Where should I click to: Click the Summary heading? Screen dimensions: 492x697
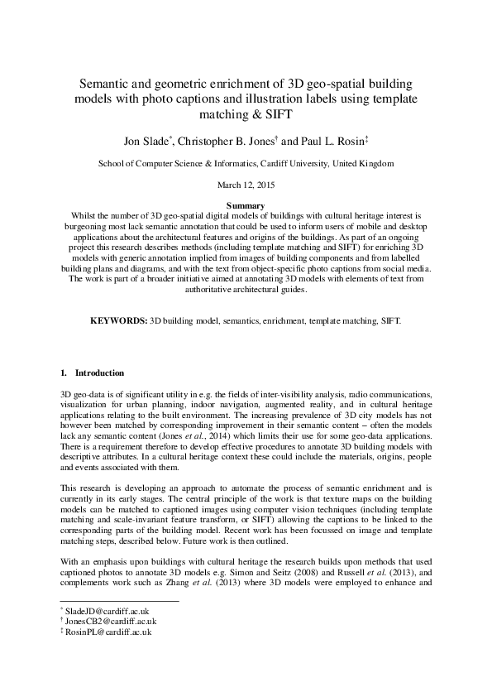pos(246,205)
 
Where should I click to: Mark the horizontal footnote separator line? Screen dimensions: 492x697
pos(120,601)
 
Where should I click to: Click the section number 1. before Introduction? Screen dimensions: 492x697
pos(65,373)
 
